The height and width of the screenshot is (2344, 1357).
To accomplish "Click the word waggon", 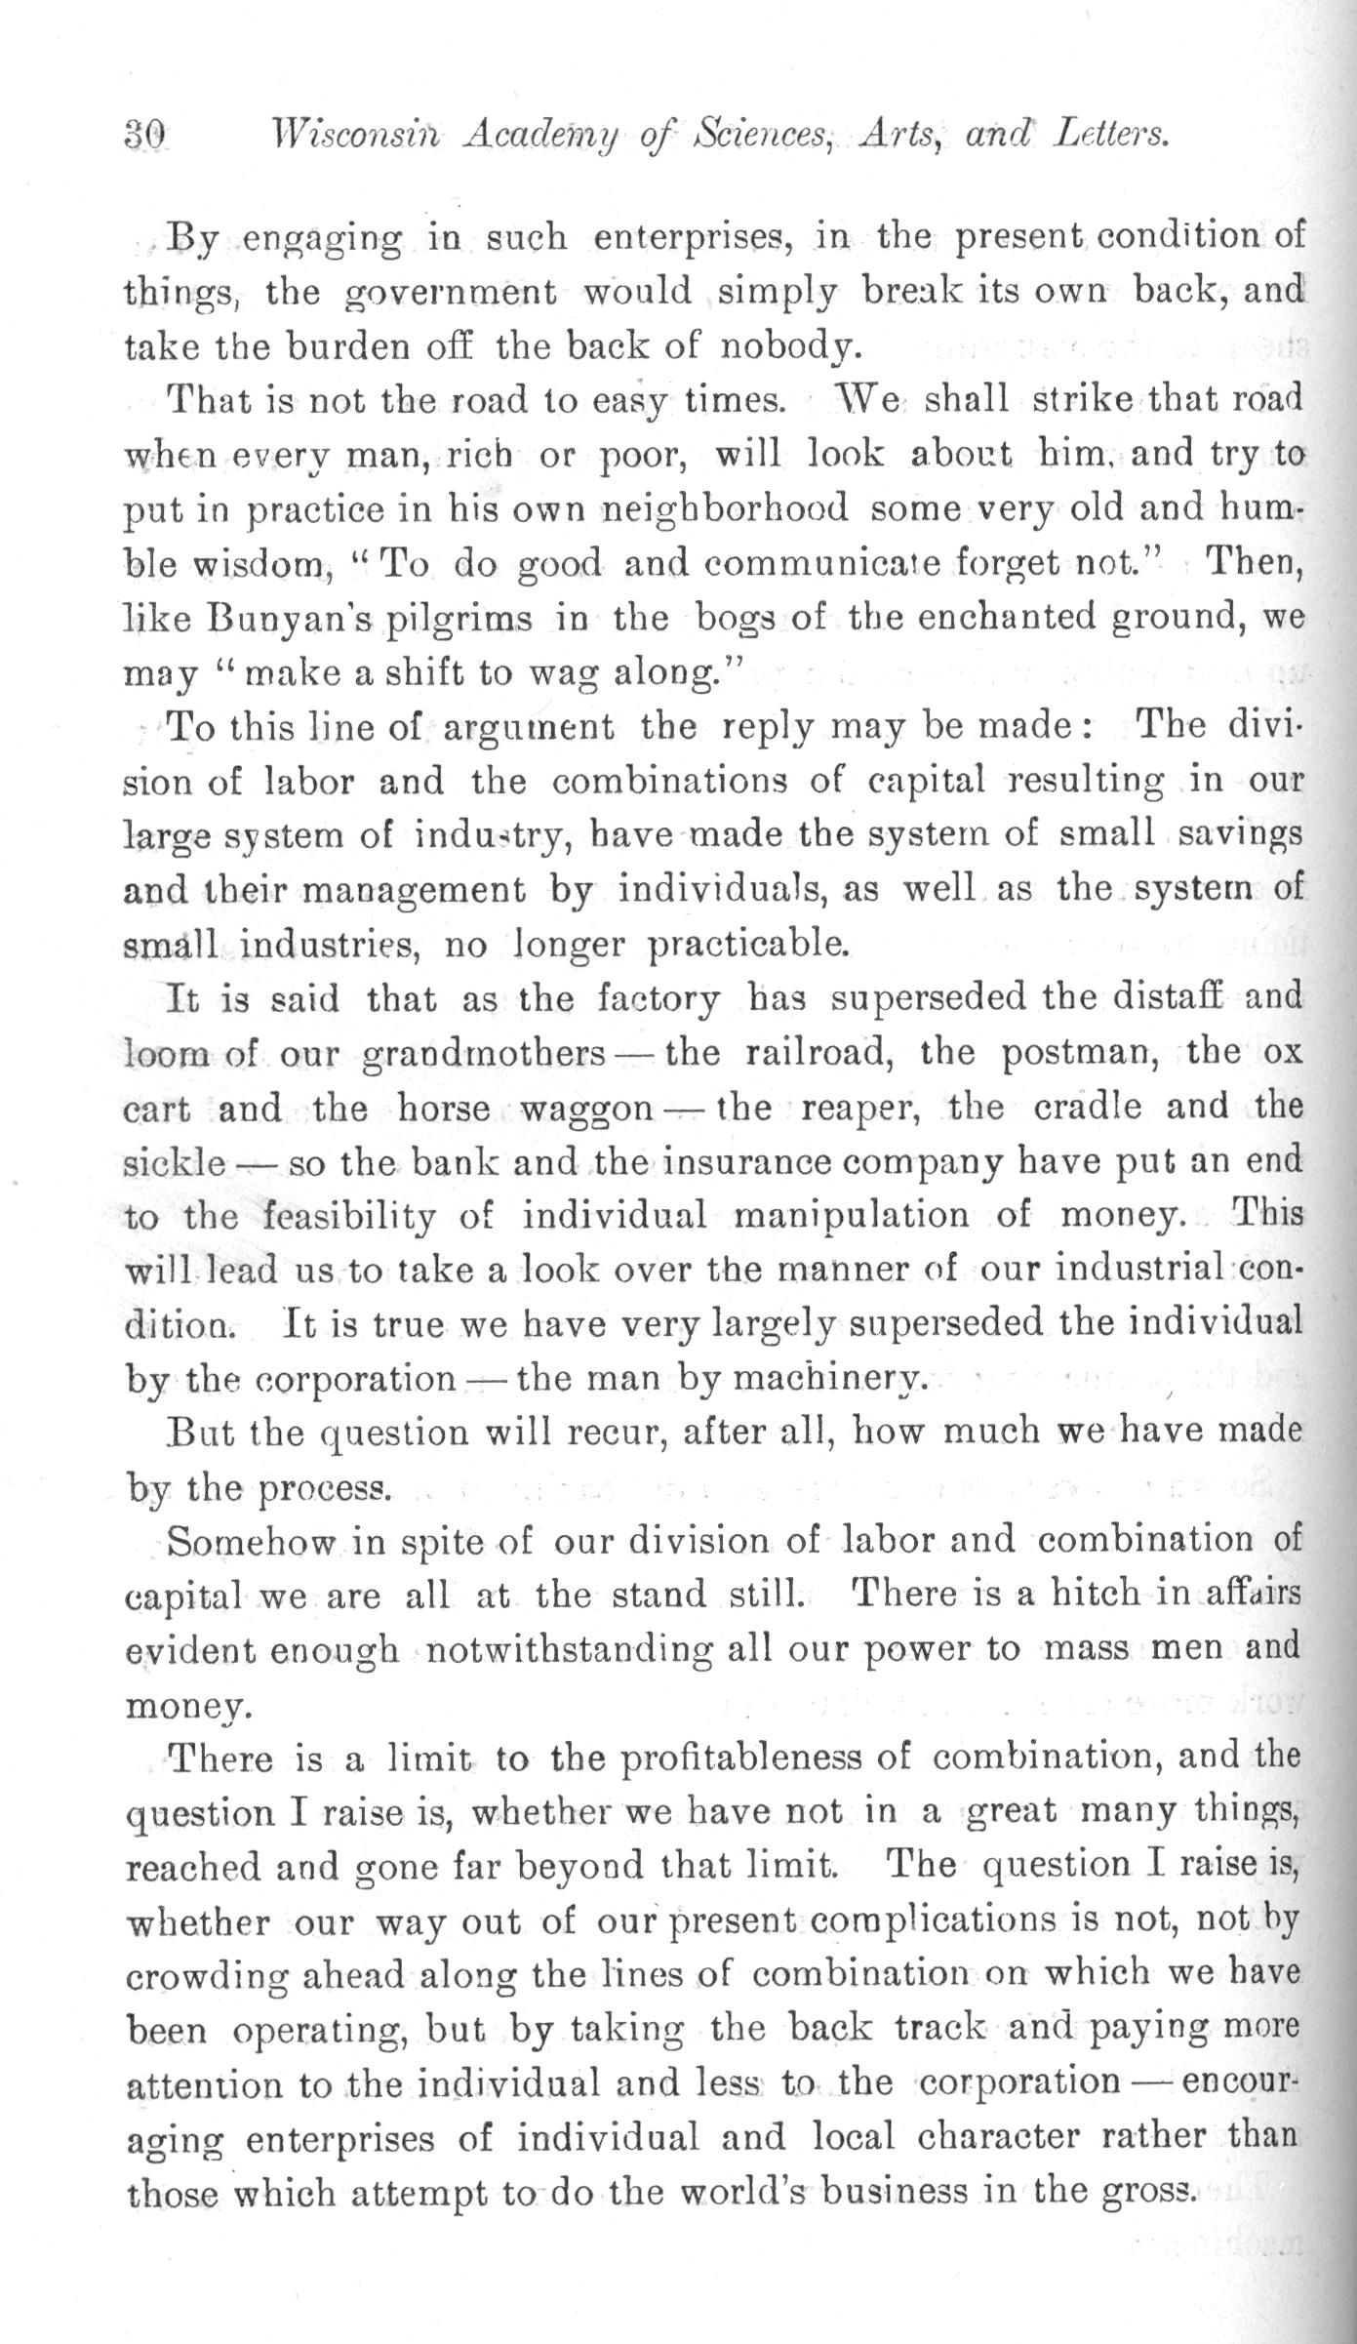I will click(586, 1110).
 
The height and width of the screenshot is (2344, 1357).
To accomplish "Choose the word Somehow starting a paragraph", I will click(253, 1542).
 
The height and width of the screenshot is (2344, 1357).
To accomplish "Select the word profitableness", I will click(766, 1759).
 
